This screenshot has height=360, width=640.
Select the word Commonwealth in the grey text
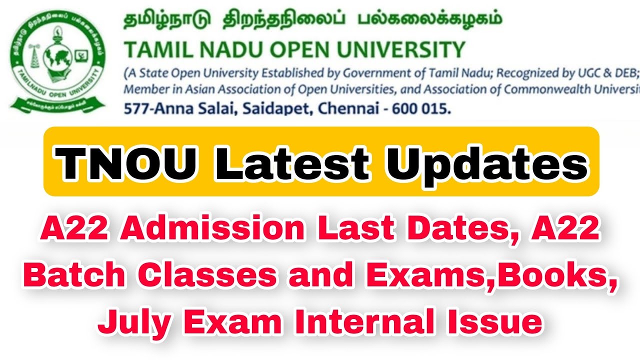click(550, 90)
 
